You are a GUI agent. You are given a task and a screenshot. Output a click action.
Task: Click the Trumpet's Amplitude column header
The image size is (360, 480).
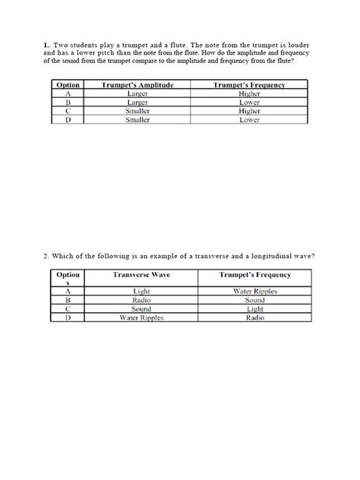(137, 86)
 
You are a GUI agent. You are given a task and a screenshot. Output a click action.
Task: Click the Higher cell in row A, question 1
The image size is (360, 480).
(250, 94)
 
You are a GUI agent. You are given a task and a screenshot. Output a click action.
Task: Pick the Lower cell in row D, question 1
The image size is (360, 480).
(250, 120)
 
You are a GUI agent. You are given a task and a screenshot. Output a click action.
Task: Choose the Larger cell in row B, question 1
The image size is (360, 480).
(137, 103)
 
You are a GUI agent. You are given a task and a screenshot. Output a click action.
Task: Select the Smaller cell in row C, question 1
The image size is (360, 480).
(137, 112)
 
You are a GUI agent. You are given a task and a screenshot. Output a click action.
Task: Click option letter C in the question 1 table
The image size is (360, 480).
(69, 112)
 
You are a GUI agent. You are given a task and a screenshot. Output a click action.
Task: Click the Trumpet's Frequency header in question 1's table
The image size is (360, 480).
(250, 86)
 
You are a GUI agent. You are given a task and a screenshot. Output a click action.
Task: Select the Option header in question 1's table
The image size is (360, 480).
(69, 86)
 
